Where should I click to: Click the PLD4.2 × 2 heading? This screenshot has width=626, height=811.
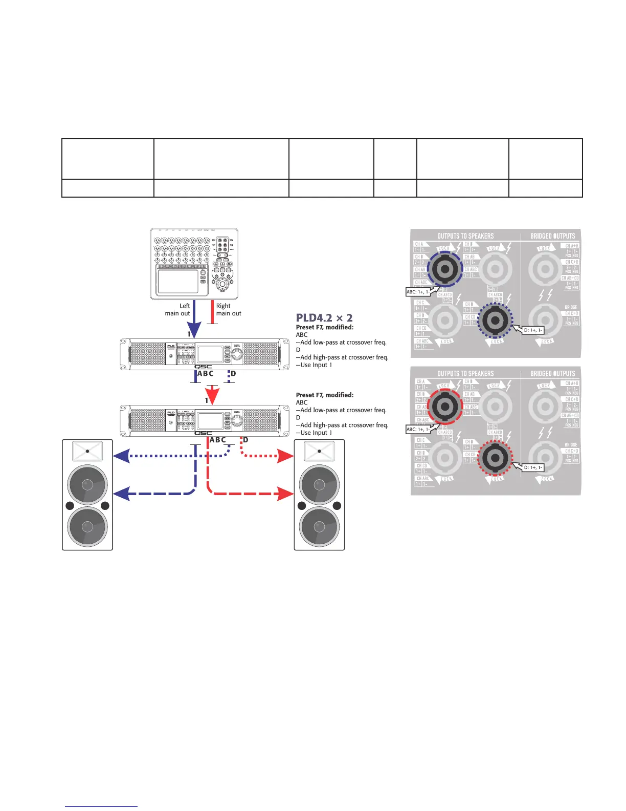click(324, 318)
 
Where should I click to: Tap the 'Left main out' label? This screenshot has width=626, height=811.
click(177, 310)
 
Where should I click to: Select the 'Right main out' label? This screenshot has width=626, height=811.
click(229, 310)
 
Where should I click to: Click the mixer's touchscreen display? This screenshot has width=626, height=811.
click(177, 281)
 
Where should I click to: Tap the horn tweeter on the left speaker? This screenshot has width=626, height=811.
click(87, 451)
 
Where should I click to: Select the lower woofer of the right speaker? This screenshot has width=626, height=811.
click(319, 526)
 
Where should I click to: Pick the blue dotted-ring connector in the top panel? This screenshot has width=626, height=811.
click(495, 320)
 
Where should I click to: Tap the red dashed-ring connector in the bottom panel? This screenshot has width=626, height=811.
click(445, 407)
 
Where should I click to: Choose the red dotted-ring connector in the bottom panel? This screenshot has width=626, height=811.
click(495, 458)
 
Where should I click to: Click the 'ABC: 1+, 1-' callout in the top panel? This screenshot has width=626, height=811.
click(418, 292)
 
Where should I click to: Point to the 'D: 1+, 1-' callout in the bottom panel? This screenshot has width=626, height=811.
click(533, 467)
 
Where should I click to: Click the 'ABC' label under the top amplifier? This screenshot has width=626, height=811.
click(205, 374)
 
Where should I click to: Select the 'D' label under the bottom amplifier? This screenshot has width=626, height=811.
click(245, 440)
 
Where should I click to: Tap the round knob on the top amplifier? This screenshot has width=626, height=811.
click(237, 353)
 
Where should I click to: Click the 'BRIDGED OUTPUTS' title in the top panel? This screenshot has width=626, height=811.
click(552, 236)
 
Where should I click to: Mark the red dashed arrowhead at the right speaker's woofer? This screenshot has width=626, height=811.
click(285, 494)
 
